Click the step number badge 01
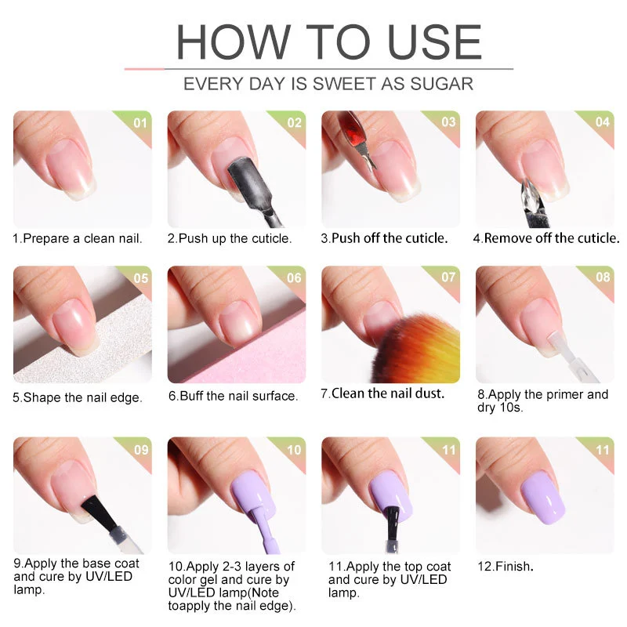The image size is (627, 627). (140, 123)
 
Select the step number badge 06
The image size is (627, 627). (294, 278)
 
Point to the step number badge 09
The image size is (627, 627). (140, 450)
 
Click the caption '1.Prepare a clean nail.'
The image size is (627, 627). (78, 238)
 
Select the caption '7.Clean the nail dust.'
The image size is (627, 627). (382, 394)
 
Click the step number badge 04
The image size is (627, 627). (602, 123)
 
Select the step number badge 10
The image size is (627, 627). (294, 450)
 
